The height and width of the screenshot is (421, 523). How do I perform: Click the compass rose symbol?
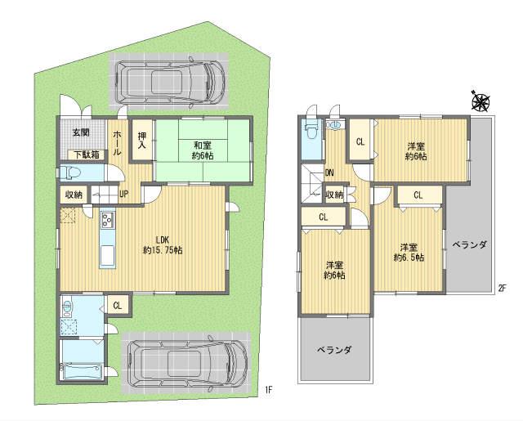(x=480, y=102)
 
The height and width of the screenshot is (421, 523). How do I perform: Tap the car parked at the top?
(x=169, y=79)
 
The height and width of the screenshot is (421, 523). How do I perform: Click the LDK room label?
(x=162, y=240)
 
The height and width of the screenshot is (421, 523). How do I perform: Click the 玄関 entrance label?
(x=80, y=132)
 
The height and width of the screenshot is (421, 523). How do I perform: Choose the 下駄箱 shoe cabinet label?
(x=85, y=154)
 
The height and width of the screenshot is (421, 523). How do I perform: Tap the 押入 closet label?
(x=142, y=141)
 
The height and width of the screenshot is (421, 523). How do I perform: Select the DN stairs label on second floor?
(x=329, y=172)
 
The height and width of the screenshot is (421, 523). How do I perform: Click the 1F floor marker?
(x=269, y=390)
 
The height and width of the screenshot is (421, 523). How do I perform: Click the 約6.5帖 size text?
(x=408, y=258)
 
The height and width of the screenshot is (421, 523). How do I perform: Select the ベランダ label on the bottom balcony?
(x=336, y=350)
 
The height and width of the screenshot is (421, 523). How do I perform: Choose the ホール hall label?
(x=117, y=142)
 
